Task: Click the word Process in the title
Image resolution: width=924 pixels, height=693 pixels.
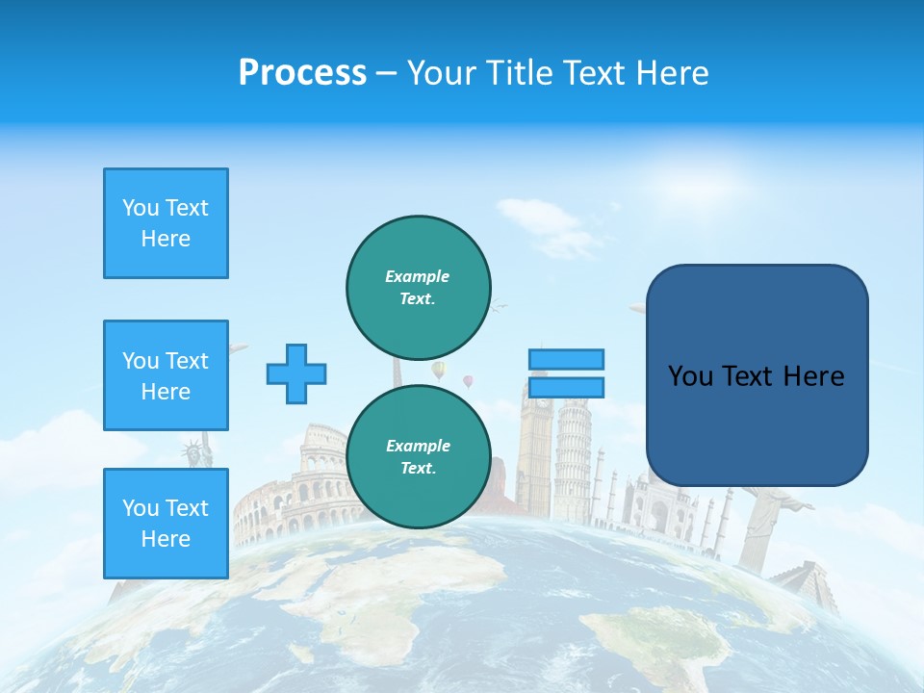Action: (302, 73)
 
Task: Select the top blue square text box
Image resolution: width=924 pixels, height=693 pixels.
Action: (166, 223)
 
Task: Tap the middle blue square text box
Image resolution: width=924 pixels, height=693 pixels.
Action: (166, 375)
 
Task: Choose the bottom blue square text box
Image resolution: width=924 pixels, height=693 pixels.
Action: (166, 524)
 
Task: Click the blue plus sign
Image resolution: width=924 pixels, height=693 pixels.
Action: (296, 373)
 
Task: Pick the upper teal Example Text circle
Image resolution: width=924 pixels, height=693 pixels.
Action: (419, 287)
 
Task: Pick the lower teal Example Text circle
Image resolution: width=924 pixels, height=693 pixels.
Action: (419, 456)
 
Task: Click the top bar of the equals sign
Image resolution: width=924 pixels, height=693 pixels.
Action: (566, 359)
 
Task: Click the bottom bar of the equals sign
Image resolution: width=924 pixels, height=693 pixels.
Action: (566, 387)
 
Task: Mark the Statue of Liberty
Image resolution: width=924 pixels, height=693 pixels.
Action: (196, 452)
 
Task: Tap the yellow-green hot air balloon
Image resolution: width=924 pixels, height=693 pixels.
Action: (439, 370)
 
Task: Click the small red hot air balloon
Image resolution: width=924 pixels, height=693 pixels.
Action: (469, 381)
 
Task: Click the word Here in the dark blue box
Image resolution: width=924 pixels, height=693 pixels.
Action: (813, 375)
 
